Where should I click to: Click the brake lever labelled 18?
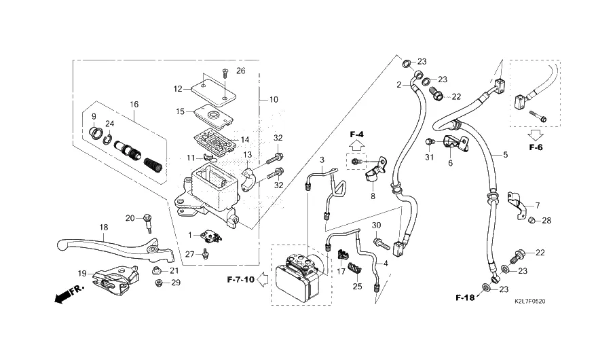[102, 242]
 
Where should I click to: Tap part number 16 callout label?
[134, 105]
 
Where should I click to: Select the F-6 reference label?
[536, 147]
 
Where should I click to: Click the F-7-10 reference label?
[240, 279]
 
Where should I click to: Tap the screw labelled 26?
[225, 81]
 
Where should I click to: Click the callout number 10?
[273, 100]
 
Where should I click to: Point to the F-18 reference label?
[465, 298]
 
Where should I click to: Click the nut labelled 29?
[157, 283]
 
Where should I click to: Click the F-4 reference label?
[357, 134]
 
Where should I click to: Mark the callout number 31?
[429, 158]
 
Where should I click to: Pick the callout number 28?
[546, 220]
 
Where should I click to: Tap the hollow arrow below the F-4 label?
[357, 146]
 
